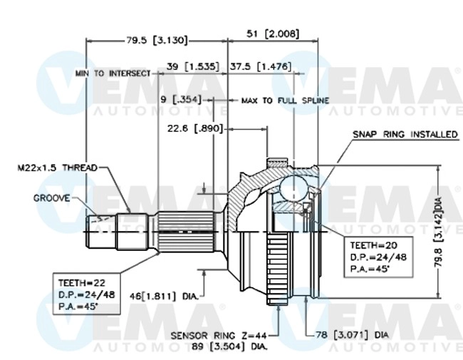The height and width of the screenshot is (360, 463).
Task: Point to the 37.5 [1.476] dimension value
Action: [259, 67]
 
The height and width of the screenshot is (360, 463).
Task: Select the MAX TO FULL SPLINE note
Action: [285, 101]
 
